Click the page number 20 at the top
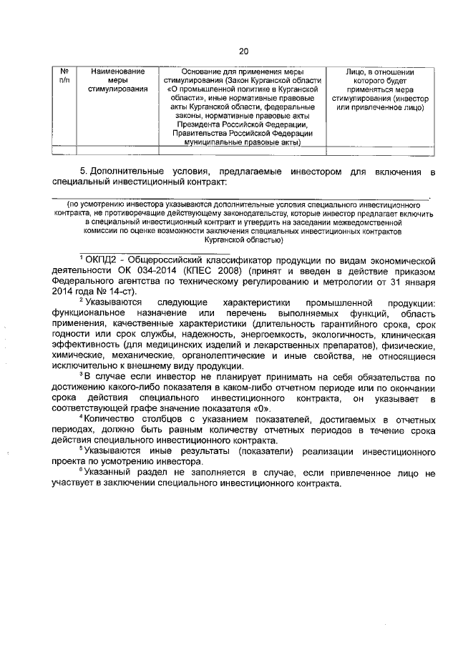point(243,51)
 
